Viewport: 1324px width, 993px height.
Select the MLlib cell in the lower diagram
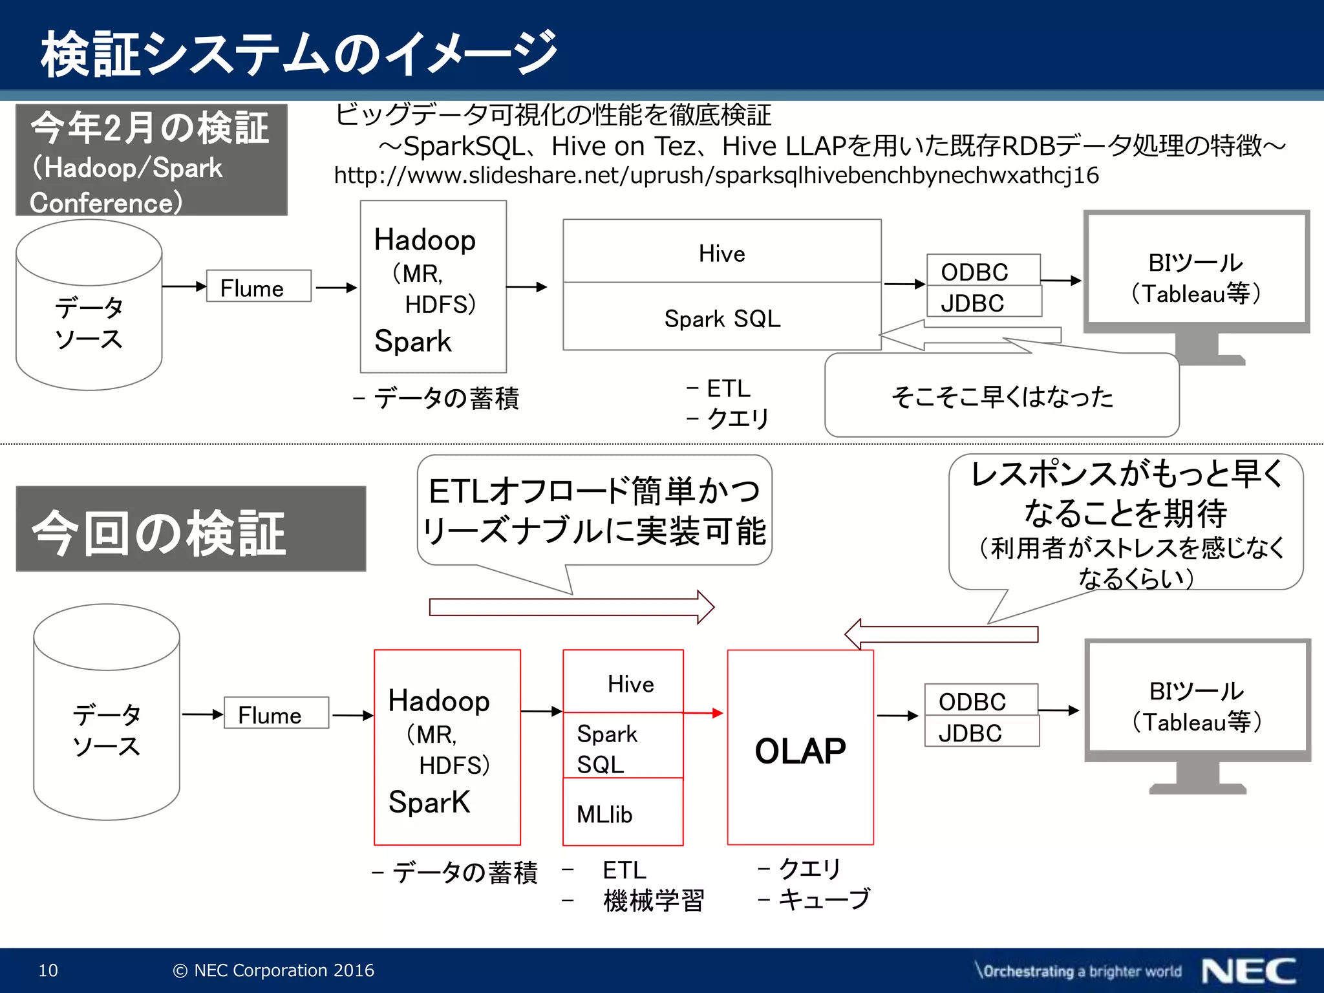(623, 813)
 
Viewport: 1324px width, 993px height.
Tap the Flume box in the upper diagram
(259, 286)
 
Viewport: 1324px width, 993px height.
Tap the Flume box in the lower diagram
(276, 713)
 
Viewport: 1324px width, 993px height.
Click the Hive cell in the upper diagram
(721, 252)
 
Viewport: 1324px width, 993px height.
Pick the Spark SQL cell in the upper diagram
(721, 317)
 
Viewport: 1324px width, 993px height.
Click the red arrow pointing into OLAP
(703, 713)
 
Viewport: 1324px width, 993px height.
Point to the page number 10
(48, 970)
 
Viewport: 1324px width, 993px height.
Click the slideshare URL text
(716, 175)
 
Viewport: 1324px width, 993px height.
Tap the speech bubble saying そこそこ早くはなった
(1001, 396)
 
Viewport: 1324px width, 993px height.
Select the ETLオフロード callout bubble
(594, 510)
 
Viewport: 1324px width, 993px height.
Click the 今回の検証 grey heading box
(191, 529)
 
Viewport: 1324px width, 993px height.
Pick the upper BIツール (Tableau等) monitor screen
(1196, 270)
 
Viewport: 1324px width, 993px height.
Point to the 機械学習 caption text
(653, 900)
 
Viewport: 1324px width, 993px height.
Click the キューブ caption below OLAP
(824, 899)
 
